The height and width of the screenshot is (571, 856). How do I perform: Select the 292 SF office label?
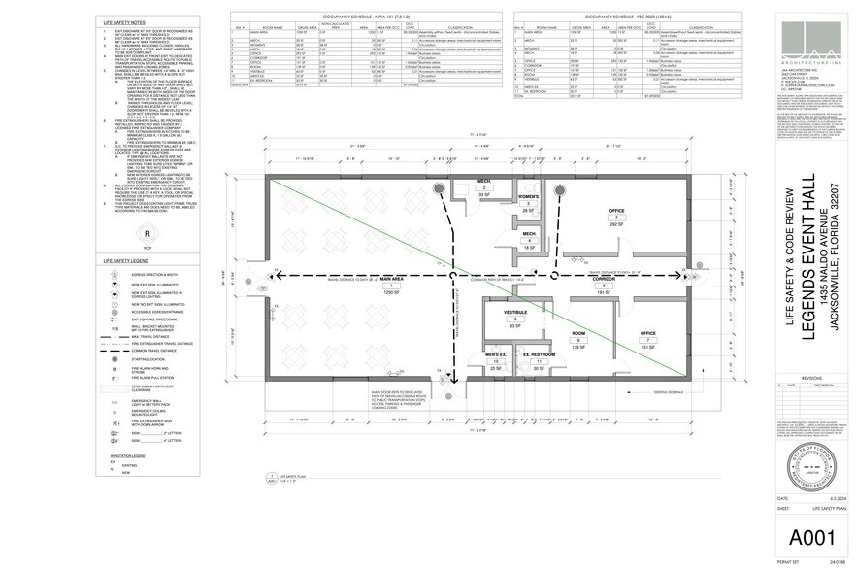(615, 238)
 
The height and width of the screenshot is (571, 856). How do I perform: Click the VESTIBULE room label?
(514, 313)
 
